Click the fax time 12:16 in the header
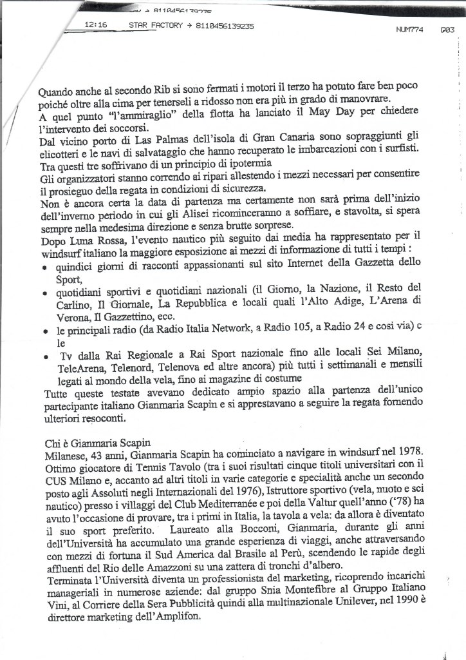[x=96, y=26]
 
